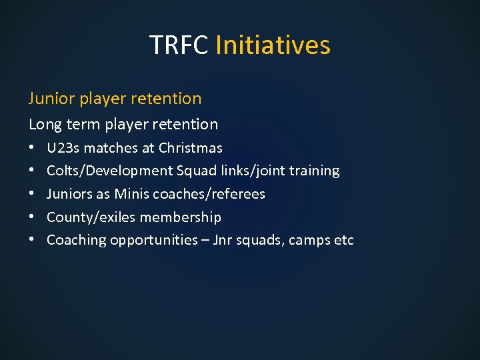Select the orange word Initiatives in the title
click(273, 45)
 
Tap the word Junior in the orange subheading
click(51, 99)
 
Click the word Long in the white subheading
click(43, 124)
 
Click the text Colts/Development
click(109, 171)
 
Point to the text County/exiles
click(85, 217)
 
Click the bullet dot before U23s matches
click(32, 148)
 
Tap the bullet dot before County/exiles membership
click(32, 217)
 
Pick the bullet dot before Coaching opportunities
click(32, 241)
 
